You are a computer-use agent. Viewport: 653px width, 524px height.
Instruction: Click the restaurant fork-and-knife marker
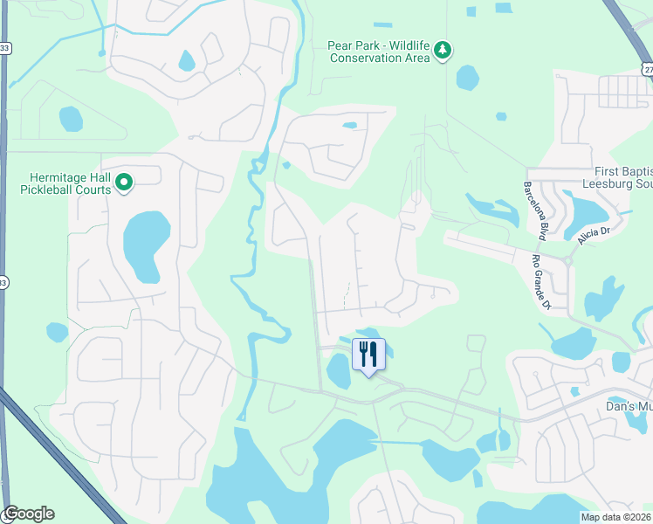(368, 355)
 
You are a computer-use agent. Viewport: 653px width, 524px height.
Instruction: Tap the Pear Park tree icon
(443, 50)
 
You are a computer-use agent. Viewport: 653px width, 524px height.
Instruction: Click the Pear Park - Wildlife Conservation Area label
(380, 52)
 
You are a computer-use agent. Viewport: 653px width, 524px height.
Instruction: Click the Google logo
(28, 514)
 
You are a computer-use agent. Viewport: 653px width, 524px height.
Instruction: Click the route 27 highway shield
(646, 68)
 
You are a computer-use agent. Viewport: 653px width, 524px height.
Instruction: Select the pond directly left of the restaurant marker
(338, 372)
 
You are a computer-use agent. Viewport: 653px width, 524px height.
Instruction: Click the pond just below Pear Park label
(467, 78)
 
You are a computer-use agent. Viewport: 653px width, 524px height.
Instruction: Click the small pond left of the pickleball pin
(70, 117)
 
